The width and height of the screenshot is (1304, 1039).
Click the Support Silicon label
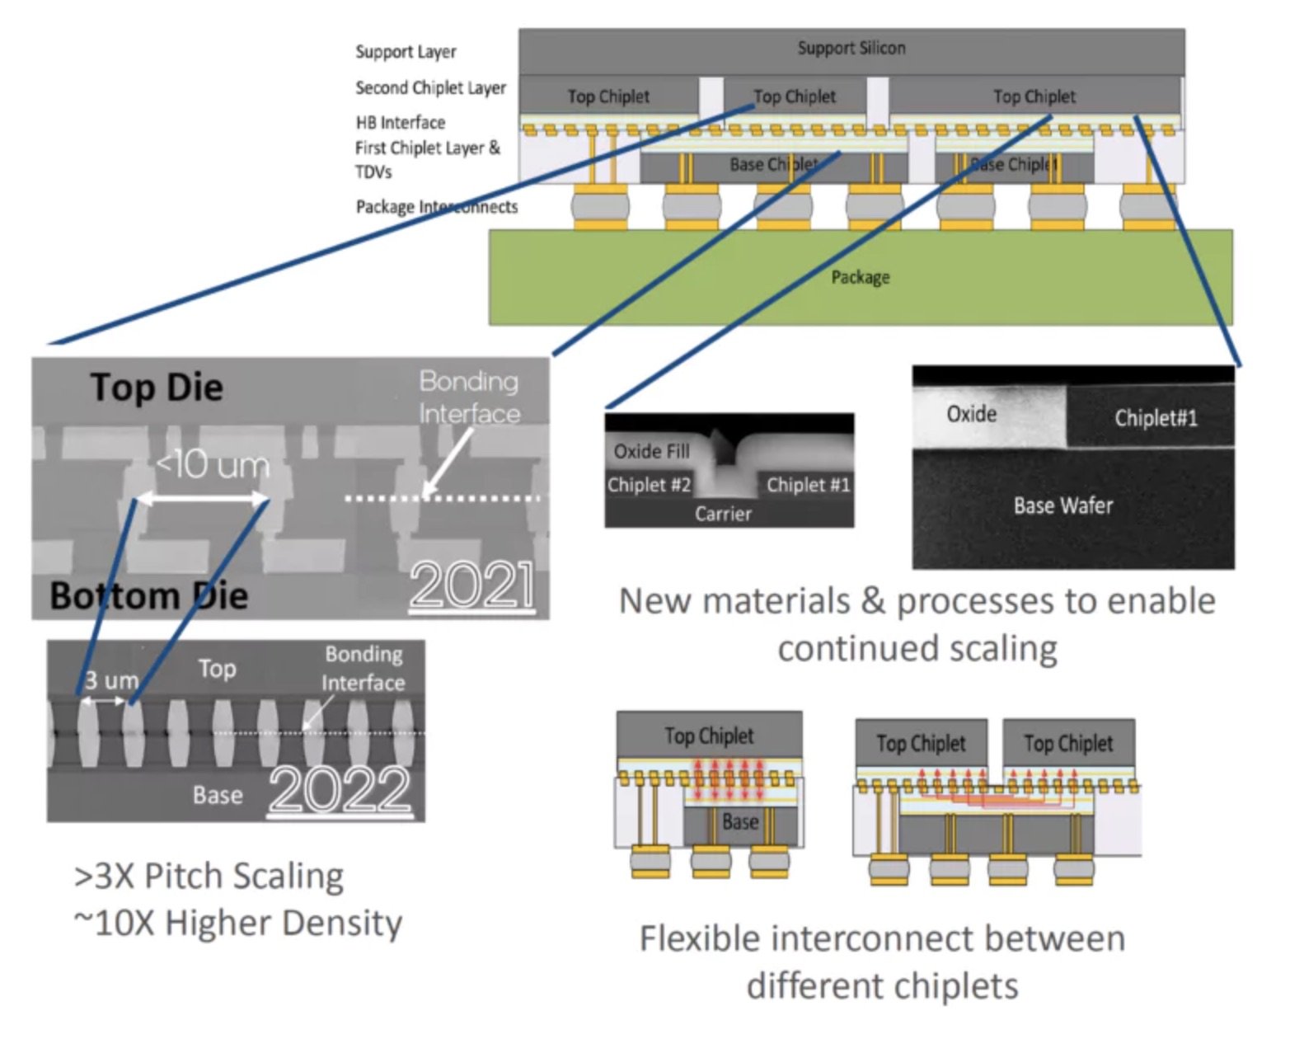point(851,48)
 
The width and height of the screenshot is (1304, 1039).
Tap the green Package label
point(860,277)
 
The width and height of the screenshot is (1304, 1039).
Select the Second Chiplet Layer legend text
point(430,87)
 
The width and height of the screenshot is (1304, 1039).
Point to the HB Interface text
point(401,122)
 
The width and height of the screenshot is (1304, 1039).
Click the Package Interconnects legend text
point(436,207)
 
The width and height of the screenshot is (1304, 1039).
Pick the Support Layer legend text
point(406,51)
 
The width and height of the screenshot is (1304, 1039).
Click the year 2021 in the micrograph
point(472,586)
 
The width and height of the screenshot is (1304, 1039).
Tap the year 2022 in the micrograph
point(340,789)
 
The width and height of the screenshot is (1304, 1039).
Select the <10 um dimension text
point(212,465)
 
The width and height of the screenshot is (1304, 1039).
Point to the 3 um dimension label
point(110,680)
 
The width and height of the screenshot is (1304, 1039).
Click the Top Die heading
point(157,387)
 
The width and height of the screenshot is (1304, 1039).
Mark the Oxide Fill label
point(651,451)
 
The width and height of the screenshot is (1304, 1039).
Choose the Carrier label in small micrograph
point(723,514)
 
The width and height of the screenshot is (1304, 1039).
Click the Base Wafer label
point(1062,505)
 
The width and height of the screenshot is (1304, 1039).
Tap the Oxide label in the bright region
point(971,413)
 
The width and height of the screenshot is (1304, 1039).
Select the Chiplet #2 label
point(648,485)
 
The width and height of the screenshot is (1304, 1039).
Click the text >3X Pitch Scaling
point(209,876)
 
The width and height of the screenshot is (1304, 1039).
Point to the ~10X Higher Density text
point(237,923)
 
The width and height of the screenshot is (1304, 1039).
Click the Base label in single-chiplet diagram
point(739,821)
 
